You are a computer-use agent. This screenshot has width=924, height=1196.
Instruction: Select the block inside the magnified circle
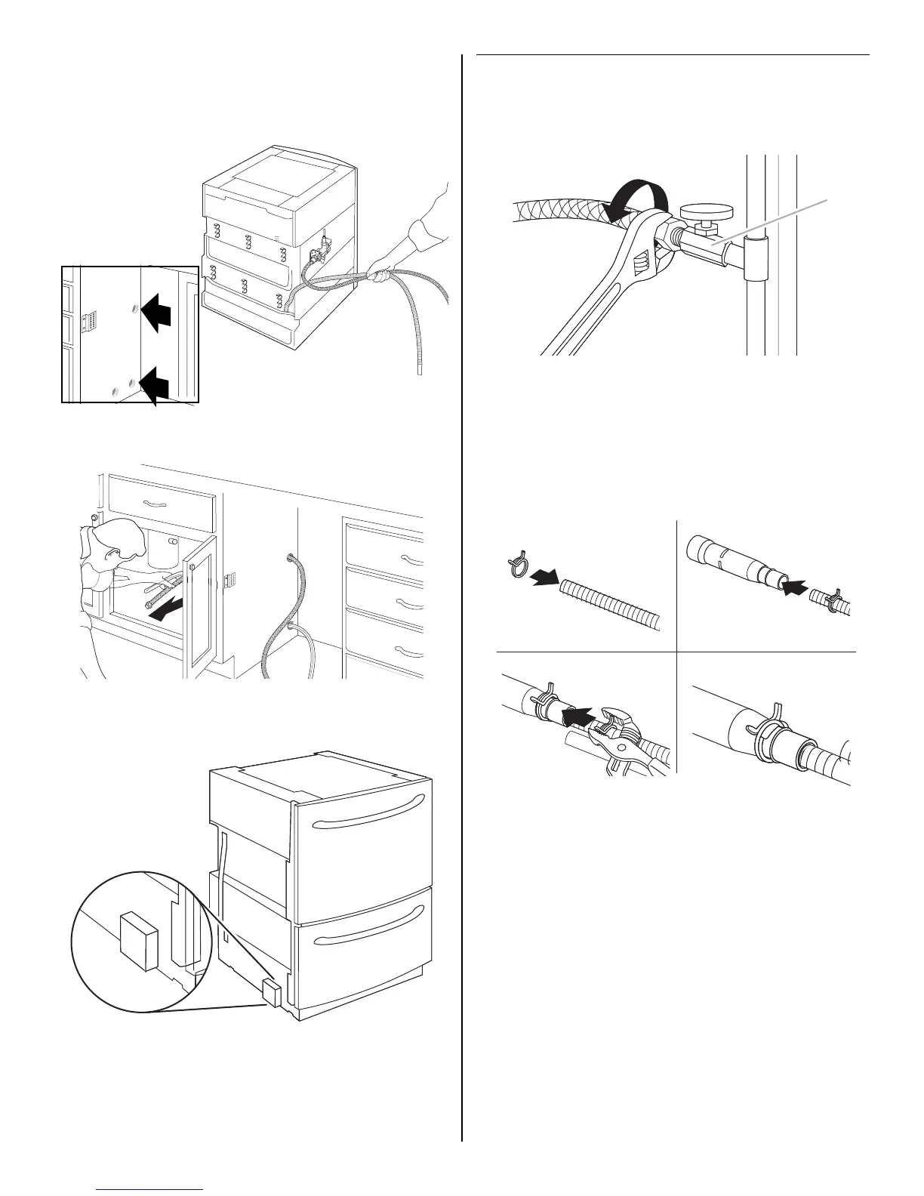(x=139, y=940)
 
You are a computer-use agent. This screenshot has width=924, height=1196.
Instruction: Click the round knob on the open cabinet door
(x=192, y=566)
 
